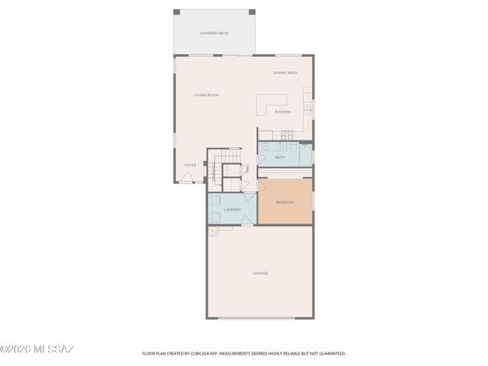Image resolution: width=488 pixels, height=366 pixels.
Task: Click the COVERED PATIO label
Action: point(214,34)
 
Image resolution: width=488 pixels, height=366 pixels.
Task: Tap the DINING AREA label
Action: point(284,72)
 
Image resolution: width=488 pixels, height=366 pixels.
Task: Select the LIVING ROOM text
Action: point(206,95)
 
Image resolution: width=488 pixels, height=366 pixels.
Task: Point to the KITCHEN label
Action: point(283,112)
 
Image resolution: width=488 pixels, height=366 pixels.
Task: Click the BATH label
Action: point(280,157)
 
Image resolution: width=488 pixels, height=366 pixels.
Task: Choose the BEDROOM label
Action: point(284,202)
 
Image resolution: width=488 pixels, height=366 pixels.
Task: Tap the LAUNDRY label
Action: point(233,210)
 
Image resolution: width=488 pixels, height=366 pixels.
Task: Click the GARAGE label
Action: point(261,273)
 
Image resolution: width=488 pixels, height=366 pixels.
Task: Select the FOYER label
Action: point(190,165)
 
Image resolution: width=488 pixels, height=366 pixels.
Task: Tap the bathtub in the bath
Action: point(305,155)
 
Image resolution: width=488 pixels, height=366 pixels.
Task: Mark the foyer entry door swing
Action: point(187,178)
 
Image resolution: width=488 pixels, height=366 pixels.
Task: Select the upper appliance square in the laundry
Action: point(216,201)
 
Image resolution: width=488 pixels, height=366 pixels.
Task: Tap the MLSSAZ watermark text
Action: point(37,349)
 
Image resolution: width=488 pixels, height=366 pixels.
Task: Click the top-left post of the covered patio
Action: point(177,12)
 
